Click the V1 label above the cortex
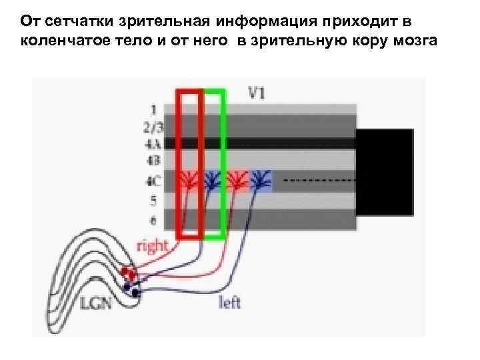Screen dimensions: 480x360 coord(257,93)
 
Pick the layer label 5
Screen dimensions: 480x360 coord(153,200)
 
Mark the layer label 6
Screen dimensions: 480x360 coord(153,219)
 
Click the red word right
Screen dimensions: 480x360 coord(151,247)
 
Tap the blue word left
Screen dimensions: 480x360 coord(229,303)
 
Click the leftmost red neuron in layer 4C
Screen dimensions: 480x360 coord(189,179)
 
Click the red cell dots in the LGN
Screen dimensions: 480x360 coord(127,273)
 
